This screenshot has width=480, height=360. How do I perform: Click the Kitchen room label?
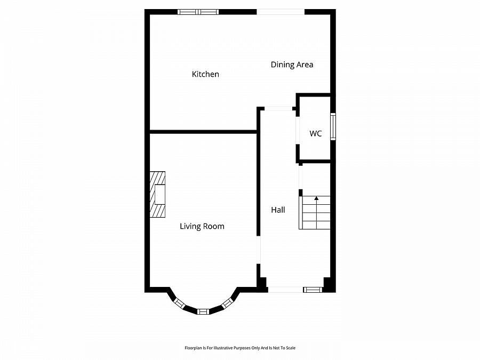(x=205, y=74)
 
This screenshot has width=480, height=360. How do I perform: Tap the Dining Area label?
(x=292, y=65)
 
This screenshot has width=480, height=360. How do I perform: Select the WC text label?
(x=316, y=133)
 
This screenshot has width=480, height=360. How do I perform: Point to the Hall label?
(x=278, y=210)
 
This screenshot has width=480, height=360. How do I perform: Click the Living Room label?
(x=202, y=226)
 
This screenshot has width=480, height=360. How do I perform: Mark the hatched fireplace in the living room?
(x=157, y=195)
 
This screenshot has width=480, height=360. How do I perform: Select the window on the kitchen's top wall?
(x=198, y=12)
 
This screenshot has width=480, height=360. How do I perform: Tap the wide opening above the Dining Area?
(x=281, y=12)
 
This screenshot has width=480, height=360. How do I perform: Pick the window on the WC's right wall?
(x=333, y=126)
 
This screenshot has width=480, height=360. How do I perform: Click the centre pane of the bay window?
(x=203, y=311)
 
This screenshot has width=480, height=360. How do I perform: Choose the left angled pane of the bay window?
(x=179, y=303)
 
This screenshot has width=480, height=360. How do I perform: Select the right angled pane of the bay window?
(x=227, y=303)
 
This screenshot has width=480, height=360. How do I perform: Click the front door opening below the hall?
(x=285, y=290)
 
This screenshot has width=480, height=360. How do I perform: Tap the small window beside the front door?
(x=313, y=290)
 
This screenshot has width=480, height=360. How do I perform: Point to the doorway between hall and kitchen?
(x=278, y=109)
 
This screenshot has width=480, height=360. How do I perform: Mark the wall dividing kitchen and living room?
(x=203, y=131)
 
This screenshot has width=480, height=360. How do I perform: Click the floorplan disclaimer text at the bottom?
(x=240, y=348)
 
